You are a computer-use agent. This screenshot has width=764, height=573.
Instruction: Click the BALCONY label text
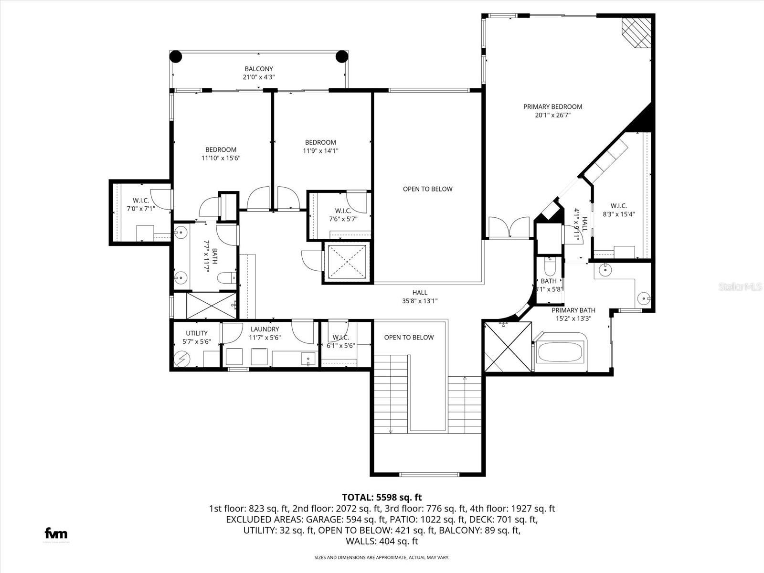click(259, 69)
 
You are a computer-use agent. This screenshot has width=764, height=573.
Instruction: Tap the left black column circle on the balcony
click(176, 57)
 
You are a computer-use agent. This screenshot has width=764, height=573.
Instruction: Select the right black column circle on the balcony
click(342, 57)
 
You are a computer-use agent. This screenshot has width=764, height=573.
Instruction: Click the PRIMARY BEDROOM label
click(552, 107)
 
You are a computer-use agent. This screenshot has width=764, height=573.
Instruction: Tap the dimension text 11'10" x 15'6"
click(221, 158)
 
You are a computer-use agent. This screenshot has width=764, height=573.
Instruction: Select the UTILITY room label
click(197, 333)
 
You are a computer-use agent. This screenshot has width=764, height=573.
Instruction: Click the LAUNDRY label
click(265, 329)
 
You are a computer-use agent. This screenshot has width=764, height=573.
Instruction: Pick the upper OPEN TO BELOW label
click(427, 189)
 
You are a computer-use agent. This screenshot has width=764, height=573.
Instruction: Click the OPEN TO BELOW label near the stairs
click(409, 338)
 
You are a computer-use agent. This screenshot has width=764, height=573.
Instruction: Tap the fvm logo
click(56, 533)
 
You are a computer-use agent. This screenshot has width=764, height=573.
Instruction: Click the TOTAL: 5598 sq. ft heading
click(382, 498)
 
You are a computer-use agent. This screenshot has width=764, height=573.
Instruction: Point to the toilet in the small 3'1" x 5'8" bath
click(549, 265)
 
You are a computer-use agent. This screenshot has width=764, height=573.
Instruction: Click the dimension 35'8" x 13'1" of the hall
click(420, 301)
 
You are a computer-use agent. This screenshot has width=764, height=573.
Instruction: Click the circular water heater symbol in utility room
click(182, 358)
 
